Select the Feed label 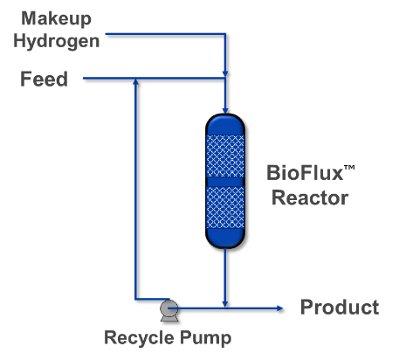coord(44,80)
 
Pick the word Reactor coord(309,197)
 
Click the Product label coord(340,307)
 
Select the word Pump coord(203,338)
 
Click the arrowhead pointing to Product coord(281,308)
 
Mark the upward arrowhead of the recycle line coord(135,84)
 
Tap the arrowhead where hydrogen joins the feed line coord(225,74)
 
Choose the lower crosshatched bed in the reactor coord(225,208)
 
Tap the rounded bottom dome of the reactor coord(225,240)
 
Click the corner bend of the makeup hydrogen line coord(225,35)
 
